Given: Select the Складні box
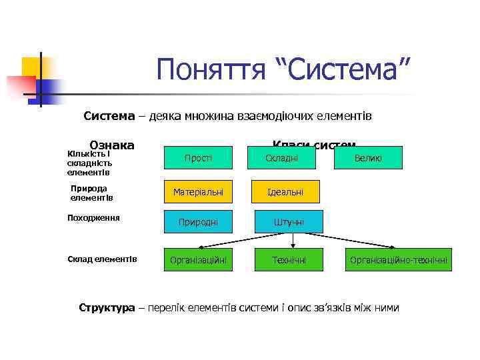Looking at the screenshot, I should click(282, 158).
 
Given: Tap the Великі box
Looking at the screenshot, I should click(369, 158).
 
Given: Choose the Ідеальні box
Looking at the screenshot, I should click(285, 192).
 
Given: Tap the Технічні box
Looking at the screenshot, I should click(289, 260).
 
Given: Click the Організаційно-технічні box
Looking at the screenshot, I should click(399, 260).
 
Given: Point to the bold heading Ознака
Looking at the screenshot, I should click(112, 145).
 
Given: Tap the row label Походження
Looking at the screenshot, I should click(94, 217).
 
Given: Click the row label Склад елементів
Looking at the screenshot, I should click(103, 259).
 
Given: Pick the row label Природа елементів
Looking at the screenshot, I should click(92, 193).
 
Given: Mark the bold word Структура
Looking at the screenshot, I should click(107, 307).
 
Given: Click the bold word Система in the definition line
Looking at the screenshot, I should click(109, 116).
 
